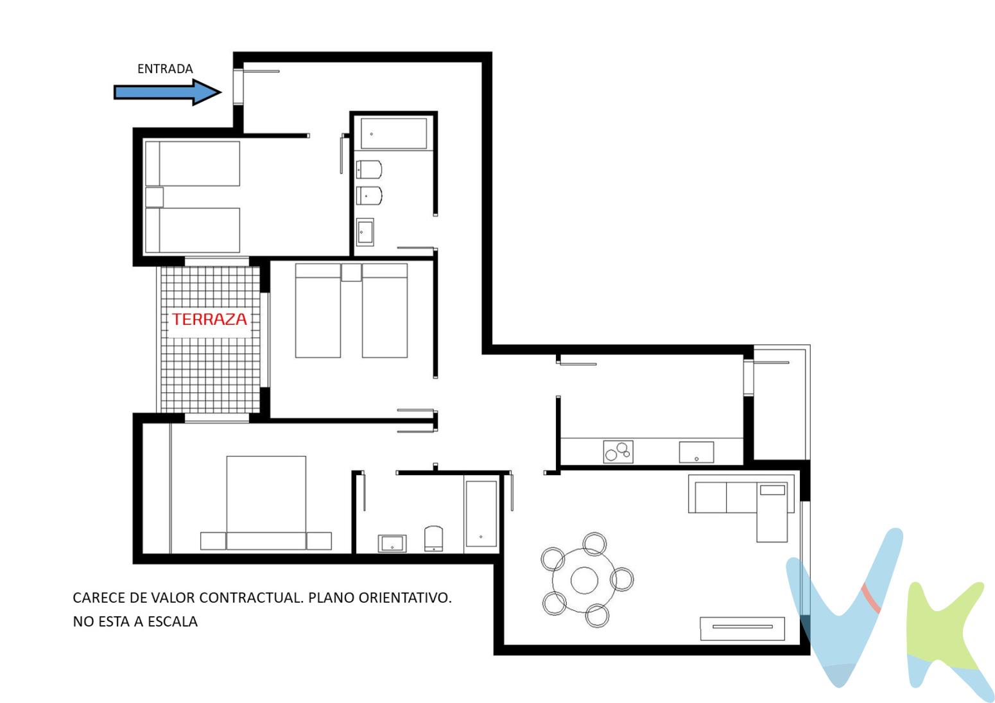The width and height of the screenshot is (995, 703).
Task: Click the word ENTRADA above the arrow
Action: click(165, 69)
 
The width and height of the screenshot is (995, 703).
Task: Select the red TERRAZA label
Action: click(209, 319)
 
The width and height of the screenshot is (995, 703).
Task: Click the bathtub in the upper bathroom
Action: click(394, 134)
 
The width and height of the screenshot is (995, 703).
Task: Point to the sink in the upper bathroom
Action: click(365, 232)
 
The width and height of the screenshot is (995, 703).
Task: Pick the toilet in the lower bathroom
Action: click(434, 539)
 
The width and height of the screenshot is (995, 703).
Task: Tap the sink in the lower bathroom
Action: click(392, 543)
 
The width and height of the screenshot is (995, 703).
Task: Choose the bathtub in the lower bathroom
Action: click(481, 514)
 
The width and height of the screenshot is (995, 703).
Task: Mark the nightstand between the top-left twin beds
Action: click(154, 197)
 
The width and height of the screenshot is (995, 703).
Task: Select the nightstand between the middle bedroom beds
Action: click(351, 272)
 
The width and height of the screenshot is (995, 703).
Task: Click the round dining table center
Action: click(584, 580)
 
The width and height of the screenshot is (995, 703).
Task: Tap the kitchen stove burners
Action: click(618, 451)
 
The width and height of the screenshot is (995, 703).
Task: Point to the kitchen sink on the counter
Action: click(696, 452)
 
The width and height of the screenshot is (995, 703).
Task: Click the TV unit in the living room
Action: click(742, 628)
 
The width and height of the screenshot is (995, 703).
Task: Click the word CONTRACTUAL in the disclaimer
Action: click(251, 598)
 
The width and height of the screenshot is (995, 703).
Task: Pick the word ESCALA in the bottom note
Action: click(174, 621)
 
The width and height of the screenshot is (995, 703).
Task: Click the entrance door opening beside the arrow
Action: click(238, 86)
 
